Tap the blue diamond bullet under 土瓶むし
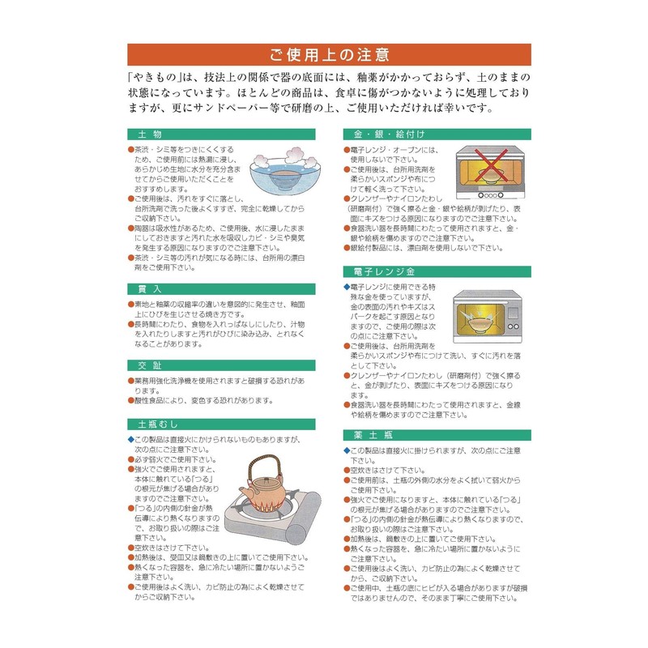131,438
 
